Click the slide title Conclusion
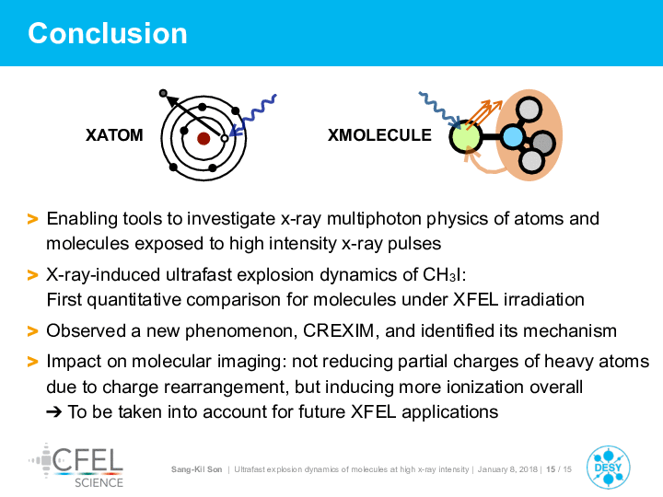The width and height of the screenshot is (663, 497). [x=108, y=33]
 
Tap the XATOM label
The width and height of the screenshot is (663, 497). [x=114, y=135]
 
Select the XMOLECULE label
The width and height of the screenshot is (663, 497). [x=379, y=135]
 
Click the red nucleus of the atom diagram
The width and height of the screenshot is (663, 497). [x=204, y=138]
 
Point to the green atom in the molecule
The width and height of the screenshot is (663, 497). [x=465, y=136]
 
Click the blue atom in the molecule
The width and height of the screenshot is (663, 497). [x=513, y=136]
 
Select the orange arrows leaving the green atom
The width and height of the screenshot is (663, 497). [x=484, y=114]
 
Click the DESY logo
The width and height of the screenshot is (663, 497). [x=608, y=468]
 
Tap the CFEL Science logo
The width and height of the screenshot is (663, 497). [x=76, y=466]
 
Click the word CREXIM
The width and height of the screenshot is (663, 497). [x=339, y=331]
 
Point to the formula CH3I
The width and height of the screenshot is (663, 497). [x=443, y=274]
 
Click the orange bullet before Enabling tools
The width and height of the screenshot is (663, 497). [x=32, y=219]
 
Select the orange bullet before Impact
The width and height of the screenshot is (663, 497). [x=32, y=362]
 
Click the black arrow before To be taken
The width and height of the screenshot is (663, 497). [x=53, y=411]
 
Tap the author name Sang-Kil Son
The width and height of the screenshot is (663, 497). [x=196, y=469]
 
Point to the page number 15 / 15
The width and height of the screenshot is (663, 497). [x=559, y=469]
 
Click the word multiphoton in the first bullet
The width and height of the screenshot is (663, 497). [x=374, y=219]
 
